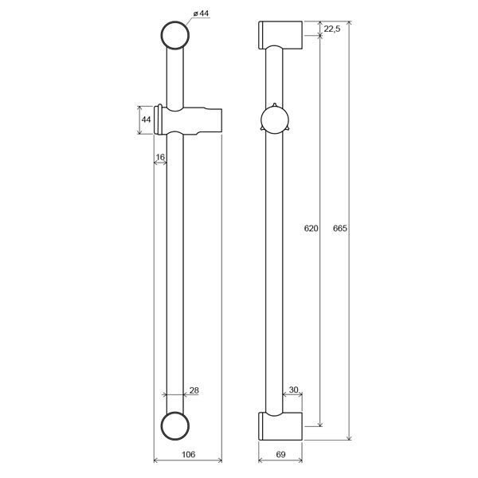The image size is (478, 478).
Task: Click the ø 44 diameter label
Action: [x=201, y=14]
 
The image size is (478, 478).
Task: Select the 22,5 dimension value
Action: [x=332, y=29]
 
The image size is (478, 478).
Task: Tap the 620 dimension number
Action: [x=311, y=228]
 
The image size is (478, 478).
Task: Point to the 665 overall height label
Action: [x=340, y=228]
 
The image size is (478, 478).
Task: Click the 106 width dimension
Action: [x=188, y=455]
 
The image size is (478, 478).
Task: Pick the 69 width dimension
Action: [x=280, y=455]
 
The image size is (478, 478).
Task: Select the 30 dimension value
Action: [x=293, y=390]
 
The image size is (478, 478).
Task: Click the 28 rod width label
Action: [x=194, y=390]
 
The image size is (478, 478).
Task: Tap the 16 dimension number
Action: [x=160, y=157]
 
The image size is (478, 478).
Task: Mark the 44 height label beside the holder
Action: [x=146, y=119]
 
